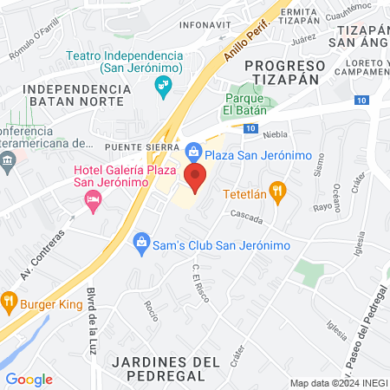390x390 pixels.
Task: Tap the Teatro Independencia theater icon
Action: click(161, 84)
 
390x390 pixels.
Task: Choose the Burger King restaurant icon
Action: click(10, 303)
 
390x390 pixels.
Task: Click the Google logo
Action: click(29, 380)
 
